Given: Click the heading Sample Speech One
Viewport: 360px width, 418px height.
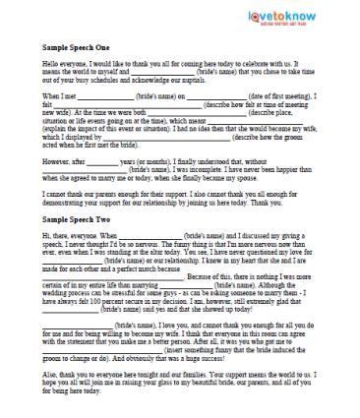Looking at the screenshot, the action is point(78,46).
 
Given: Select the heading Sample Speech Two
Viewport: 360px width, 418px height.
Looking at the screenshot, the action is point(78,225).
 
